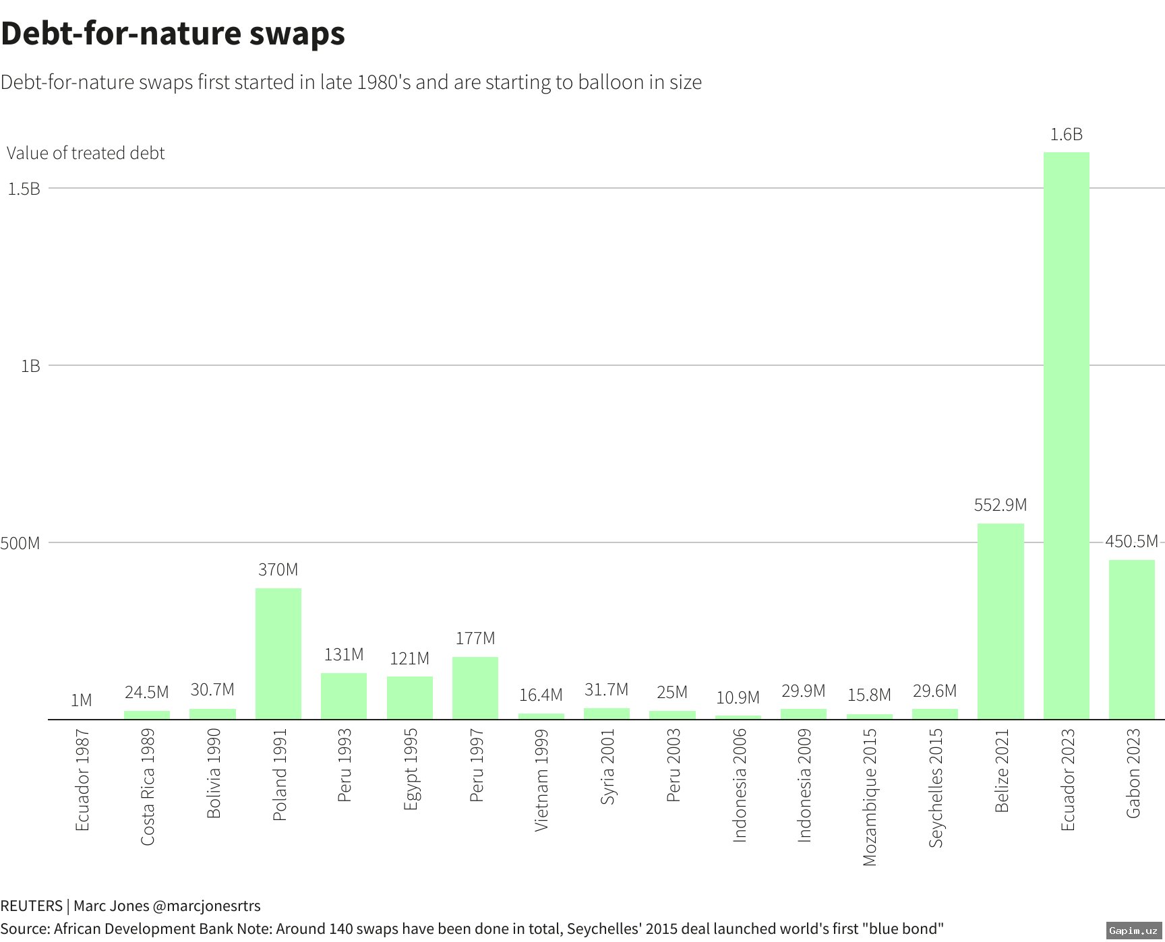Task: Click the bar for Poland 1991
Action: pos(278,654)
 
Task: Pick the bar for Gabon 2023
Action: pos(1131,639)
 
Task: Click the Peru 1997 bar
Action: pos(475,688)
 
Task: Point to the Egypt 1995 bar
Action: pos(409,697)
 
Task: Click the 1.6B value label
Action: pos(1066,135)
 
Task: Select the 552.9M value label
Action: pos(1000,505)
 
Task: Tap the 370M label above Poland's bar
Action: pos(278,569)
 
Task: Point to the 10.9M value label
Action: pos(738,697)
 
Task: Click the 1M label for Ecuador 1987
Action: pos(81,700)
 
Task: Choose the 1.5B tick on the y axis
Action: pos(24,189)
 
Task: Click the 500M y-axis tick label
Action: pos(20,543)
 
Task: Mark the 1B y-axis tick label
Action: pos(30,366)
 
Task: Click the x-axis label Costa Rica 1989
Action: pos(147,786)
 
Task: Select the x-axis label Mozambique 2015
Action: pos(869,796)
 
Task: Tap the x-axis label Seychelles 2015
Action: pos(935,787)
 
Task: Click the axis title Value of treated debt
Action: pos(86,153)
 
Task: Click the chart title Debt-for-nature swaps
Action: pos(173,33)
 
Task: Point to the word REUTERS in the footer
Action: pos(31,906)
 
